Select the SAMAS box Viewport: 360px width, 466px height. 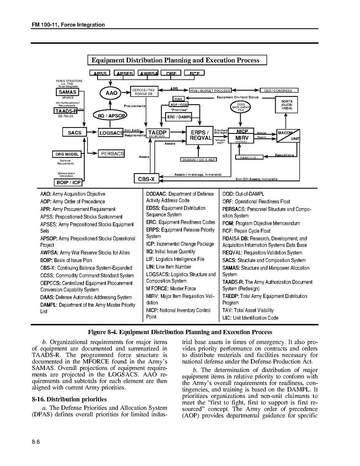click(68, 92)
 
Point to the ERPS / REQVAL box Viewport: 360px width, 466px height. click(200, 135)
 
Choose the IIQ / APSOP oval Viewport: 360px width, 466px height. click(111, 116)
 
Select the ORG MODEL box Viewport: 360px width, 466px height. click(67, 154)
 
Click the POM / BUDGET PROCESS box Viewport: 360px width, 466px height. click(210, 91)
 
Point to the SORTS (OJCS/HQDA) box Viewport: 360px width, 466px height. click(287, 105)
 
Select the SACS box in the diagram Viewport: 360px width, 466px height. click(75, 133)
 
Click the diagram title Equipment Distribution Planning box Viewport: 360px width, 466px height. click(178, 60)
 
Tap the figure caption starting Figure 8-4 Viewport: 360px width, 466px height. click(180, 332)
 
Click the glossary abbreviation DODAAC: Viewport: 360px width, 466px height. click(157, 194)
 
